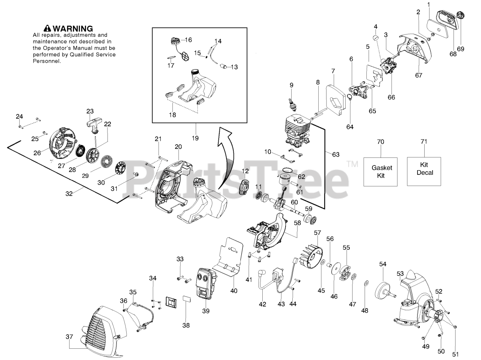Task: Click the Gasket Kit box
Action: click(380, 172)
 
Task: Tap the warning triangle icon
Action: click(47, 28)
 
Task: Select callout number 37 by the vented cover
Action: click(69, 337)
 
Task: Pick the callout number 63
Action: click(336, 154)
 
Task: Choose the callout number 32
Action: click(69, 194)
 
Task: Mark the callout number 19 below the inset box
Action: click(195, 138)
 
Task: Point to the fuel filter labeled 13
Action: click(224, 67)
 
